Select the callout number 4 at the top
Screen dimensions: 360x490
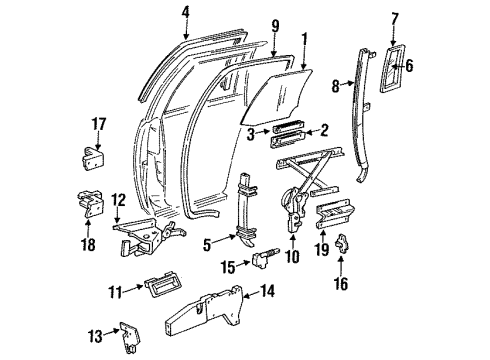pos(186,13)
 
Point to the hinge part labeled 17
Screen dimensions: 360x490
pos(93,158)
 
